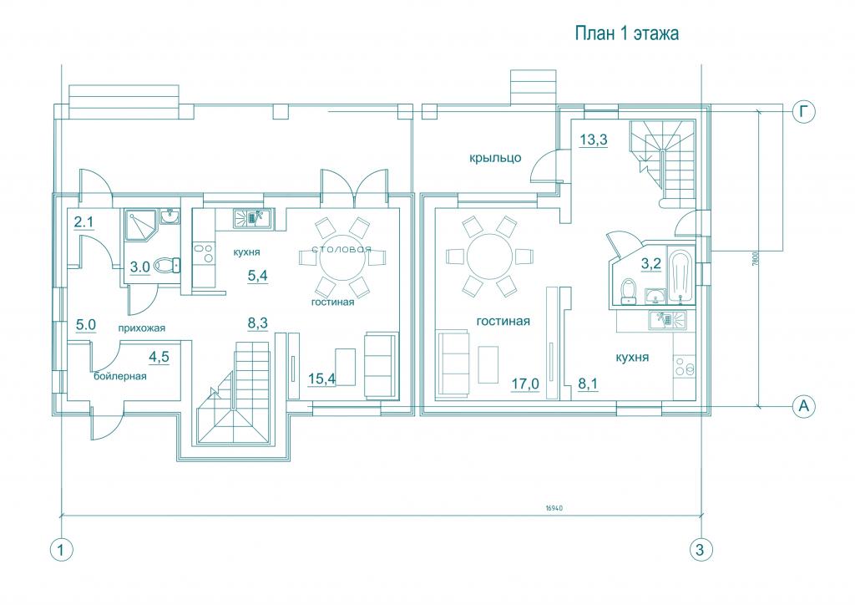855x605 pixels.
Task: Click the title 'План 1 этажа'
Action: (627, 33)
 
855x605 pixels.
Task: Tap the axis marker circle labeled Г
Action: (803, 112)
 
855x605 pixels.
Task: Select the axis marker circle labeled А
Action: (803, 406)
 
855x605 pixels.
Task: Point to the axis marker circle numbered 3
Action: (701, 550)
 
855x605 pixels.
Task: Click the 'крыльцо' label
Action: (495, 158)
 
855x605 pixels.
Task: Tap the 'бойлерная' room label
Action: (120, 376)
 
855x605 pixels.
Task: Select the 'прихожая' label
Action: (142, 328)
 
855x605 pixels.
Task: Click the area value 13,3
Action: (594, 140)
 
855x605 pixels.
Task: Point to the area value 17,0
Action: (524, 384)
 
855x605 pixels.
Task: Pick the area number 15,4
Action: (321, 379)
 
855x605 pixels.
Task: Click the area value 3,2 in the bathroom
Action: (650, 265)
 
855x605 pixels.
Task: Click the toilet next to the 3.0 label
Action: (167, 266)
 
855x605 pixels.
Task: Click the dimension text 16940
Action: (554, 508)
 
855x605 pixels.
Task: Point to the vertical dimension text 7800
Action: (754, 257)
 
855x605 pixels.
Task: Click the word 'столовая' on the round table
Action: (341, 249)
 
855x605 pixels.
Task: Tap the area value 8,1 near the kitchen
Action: (588, 384)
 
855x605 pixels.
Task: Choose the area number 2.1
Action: (84, 222)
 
